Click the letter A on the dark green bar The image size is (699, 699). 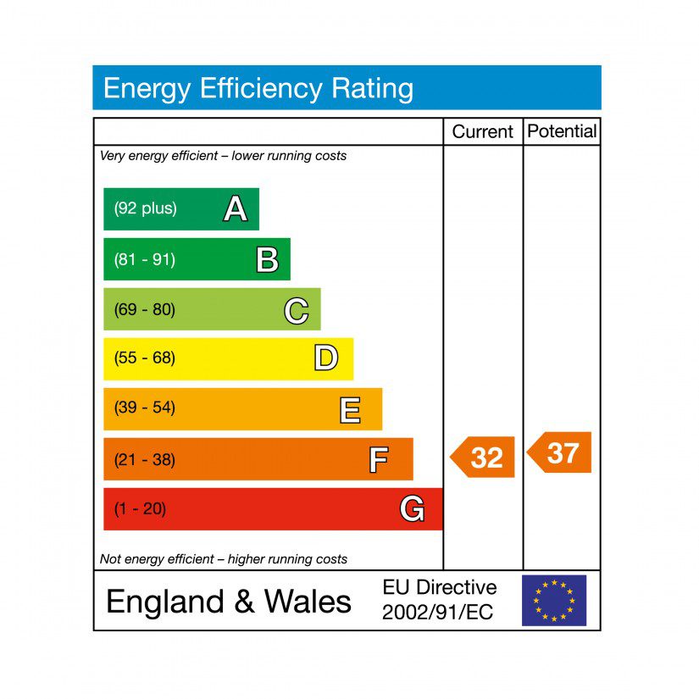[235, 208]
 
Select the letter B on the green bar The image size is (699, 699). [267, 259]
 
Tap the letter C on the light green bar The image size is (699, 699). [296, 310]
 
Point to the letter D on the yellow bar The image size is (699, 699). [325, 358]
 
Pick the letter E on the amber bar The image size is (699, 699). [350, 409]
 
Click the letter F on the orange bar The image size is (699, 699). [379, 460]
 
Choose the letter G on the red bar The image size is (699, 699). [412, 509]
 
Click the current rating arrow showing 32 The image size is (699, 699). [483, 458]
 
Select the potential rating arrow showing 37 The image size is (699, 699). [560, 453]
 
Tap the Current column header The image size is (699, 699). [482, 131]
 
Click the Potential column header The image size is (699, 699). [562, 131]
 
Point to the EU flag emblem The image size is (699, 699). [553, 600]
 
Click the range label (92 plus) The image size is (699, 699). [145, 208]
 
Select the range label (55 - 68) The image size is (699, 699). [144, 358]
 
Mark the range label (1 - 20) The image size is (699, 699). [140, 509]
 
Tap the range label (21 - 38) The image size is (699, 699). [144, 460]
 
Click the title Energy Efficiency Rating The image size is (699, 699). [258, 88]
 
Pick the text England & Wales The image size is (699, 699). [228, 601]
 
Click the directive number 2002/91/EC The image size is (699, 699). [437, 613]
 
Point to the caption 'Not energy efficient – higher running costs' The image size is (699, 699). [224, 559]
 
